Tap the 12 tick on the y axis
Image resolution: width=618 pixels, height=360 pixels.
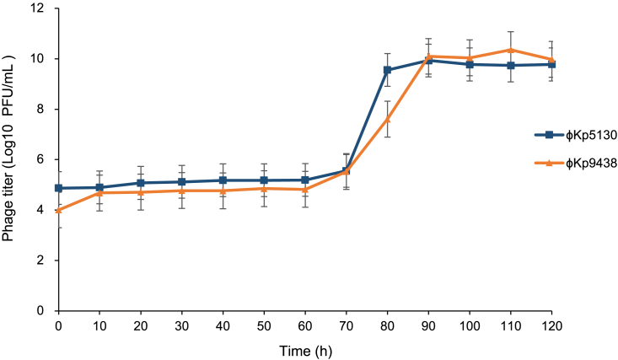(40, 8)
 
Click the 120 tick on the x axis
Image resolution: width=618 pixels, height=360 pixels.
(551, 323)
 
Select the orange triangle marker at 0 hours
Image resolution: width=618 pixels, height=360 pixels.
(58, 210)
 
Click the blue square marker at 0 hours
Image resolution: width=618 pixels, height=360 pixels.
(58, 188)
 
